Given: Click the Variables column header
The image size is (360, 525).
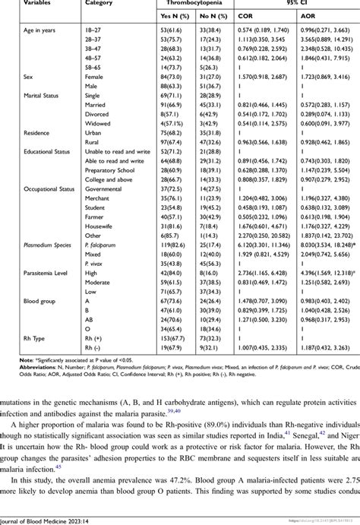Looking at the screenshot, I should [24, 3].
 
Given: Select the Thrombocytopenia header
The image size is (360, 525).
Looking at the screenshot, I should [190, 3].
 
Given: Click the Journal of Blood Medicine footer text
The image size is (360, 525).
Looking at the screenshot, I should [49, 519].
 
